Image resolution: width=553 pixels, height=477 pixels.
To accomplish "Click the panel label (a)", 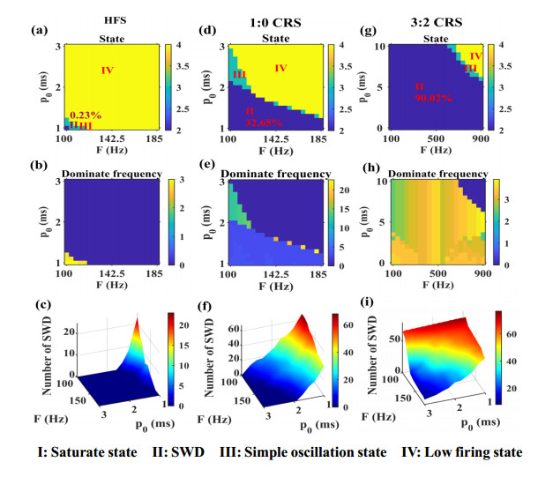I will pyautogui.click(x=38, y=30).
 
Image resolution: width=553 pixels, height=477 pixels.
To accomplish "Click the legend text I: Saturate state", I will pyautogui.click(x=81, y=452).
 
